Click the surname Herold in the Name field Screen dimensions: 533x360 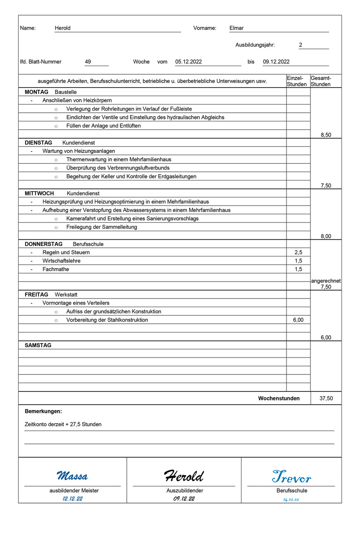[x=63, y=28]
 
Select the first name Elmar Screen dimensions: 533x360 [x=237, y=28]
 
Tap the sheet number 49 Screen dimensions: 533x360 [x=88, y=62]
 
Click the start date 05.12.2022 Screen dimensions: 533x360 [x=188, y=62]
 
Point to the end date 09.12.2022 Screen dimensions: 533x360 [x=276, y=62]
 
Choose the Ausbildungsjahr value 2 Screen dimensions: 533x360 [x=301, y=45]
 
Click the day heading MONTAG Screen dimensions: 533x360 [x=36, y=92]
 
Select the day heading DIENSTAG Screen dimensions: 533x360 [x=38, y=143]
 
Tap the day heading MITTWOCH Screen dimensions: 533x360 [x=39, y=193]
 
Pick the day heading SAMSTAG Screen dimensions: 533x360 [x=38, y=345]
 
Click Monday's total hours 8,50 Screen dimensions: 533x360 [x=326, y=135]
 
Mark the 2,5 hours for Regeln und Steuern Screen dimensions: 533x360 [x=298, y=252]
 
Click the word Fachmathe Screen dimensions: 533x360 [x=56, y=269]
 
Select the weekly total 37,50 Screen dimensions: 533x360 [x=326, y=398]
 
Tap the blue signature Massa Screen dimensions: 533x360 [x=72, y=476]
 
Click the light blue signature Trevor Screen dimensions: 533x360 [x=291, y=477]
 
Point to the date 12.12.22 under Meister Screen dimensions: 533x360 [x=72, y=499]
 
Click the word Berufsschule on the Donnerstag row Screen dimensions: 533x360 [x=88, y=244]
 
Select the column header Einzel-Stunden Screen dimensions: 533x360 [x=297, y=81]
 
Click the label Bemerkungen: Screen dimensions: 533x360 [x=43, y=411]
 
